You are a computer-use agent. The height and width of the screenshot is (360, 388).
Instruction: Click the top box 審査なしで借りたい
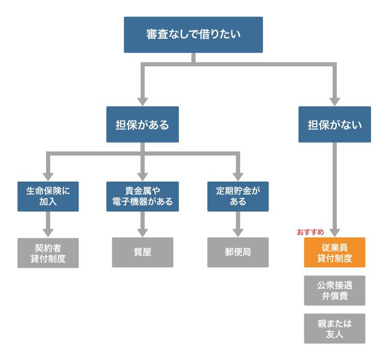tap(193, 35)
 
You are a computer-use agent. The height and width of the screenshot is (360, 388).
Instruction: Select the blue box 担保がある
tap(142, 125)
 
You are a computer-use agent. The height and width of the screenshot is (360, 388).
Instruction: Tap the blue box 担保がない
tap(335, 125)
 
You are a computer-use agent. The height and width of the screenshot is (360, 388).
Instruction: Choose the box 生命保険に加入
tap(48, 196)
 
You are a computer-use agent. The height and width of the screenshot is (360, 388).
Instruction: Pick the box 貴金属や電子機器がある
tap(142, 196)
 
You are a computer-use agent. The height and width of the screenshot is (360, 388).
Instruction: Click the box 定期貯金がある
tap(238, 196)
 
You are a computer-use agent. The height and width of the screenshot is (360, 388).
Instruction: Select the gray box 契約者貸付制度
tap(48, 253)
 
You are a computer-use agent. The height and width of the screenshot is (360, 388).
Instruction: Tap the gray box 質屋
tap(142, 253)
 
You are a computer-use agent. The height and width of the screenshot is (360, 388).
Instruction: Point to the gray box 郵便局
tap(238, 253)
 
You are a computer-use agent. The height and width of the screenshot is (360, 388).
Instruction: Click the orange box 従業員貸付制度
tap(335, 252)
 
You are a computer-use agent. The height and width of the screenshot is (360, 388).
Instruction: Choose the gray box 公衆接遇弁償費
tap(335, 290)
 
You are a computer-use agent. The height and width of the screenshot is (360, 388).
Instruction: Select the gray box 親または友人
tap(335, 328)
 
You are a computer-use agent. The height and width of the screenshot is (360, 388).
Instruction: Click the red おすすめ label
tap(310, 232)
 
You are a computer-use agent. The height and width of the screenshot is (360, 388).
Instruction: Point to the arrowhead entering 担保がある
tap(142, 101)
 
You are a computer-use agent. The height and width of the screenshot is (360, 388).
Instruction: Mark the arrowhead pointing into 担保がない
tap(335, 101)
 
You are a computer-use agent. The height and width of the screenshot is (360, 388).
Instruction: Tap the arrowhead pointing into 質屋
tap(142, 232)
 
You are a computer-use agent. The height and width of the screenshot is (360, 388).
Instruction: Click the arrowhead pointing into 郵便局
tap(238, 232)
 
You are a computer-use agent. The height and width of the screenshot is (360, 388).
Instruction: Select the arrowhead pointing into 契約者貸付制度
tap(48, 232)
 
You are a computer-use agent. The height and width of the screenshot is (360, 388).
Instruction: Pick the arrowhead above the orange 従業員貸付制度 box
tap(335, 232)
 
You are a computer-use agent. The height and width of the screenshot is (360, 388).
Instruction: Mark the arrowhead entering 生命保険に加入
tap(48, 176)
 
